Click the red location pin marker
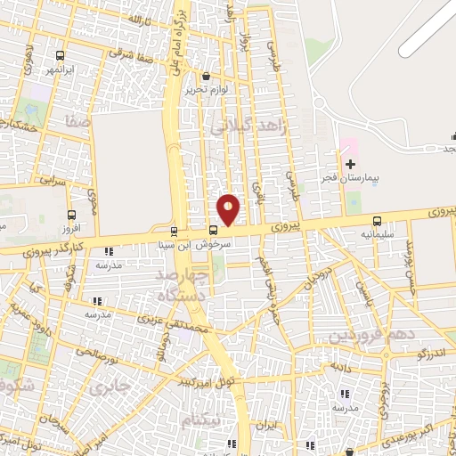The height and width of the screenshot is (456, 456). pos(229,209)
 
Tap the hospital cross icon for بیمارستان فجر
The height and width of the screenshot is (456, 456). pos(350,164)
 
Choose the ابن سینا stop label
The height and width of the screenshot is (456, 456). pos(172,242)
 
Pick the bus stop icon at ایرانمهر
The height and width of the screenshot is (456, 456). pos(59,54)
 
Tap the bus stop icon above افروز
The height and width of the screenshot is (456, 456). pos(70,214)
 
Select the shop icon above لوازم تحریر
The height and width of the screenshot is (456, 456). pos(207,76)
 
